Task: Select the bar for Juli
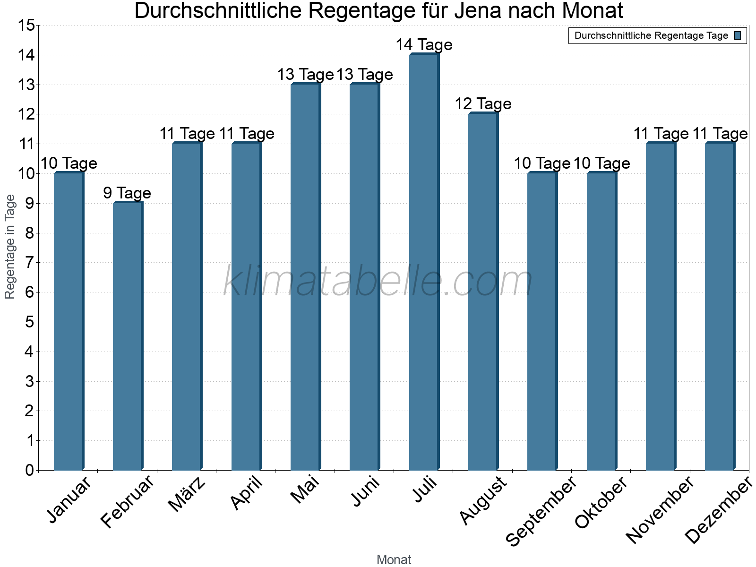click(x=424, y=262)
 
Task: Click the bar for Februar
click(x=128, y=336)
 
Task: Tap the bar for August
click(x=483, y=292)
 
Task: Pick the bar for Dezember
click(x=720, y=307)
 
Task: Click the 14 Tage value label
click(x=424, y=45)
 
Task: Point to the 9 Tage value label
click(x=127, y=193)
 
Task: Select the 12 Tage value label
click(x=483, y=104)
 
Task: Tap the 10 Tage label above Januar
click(x=69, y=163)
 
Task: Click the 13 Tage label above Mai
click(x=305, y=75)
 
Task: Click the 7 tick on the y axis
click(x=30, y=263)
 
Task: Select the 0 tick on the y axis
click(x=30, y=470)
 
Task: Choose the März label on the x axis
click(x=187, y=494)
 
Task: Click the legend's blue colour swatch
click(x=738, y=35)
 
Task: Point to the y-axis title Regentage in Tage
click(x=10, y=247)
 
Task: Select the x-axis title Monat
click(x=394, y=560)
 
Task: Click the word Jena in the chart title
click(x=476, y=11)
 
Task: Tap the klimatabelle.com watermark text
click(x=378, y=281)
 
